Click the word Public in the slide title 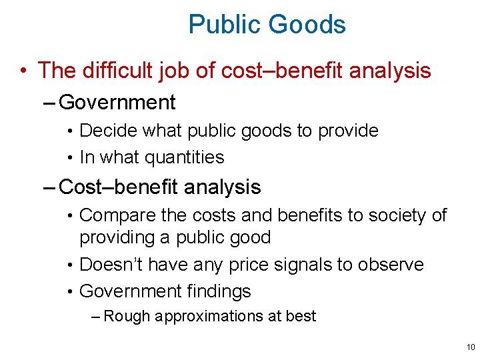(217, 25)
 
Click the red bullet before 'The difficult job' (23, 70)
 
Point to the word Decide (105, 131)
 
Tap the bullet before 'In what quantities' (71, 158)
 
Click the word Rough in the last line (127, 316)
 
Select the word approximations (209, 317)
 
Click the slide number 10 (471, 347)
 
